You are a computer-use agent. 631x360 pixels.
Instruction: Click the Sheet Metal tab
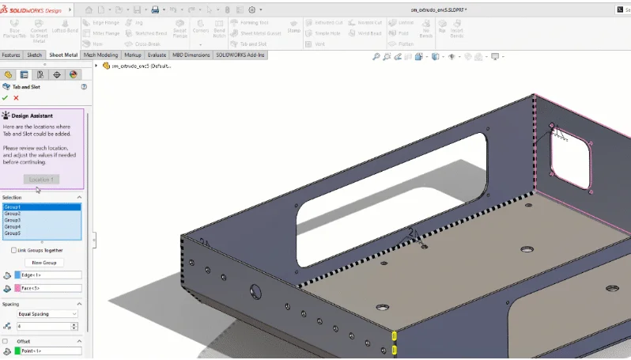63,55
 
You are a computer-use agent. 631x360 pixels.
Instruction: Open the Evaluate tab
157,55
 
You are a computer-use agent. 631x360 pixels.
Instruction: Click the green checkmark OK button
5,97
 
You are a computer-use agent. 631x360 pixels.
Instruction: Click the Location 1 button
41,180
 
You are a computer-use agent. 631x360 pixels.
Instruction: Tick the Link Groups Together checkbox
13,250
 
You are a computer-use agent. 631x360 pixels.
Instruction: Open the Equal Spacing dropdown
47,314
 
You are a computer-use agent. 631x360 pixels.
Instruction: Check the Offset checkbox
6,341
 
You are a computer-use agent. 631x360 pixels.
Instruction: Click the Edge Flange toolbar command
104,23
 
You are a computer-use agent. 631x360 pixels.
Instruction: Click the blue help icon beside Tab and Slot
83,86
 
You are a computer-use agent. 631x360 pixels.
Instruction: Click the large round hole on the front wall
255,290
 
